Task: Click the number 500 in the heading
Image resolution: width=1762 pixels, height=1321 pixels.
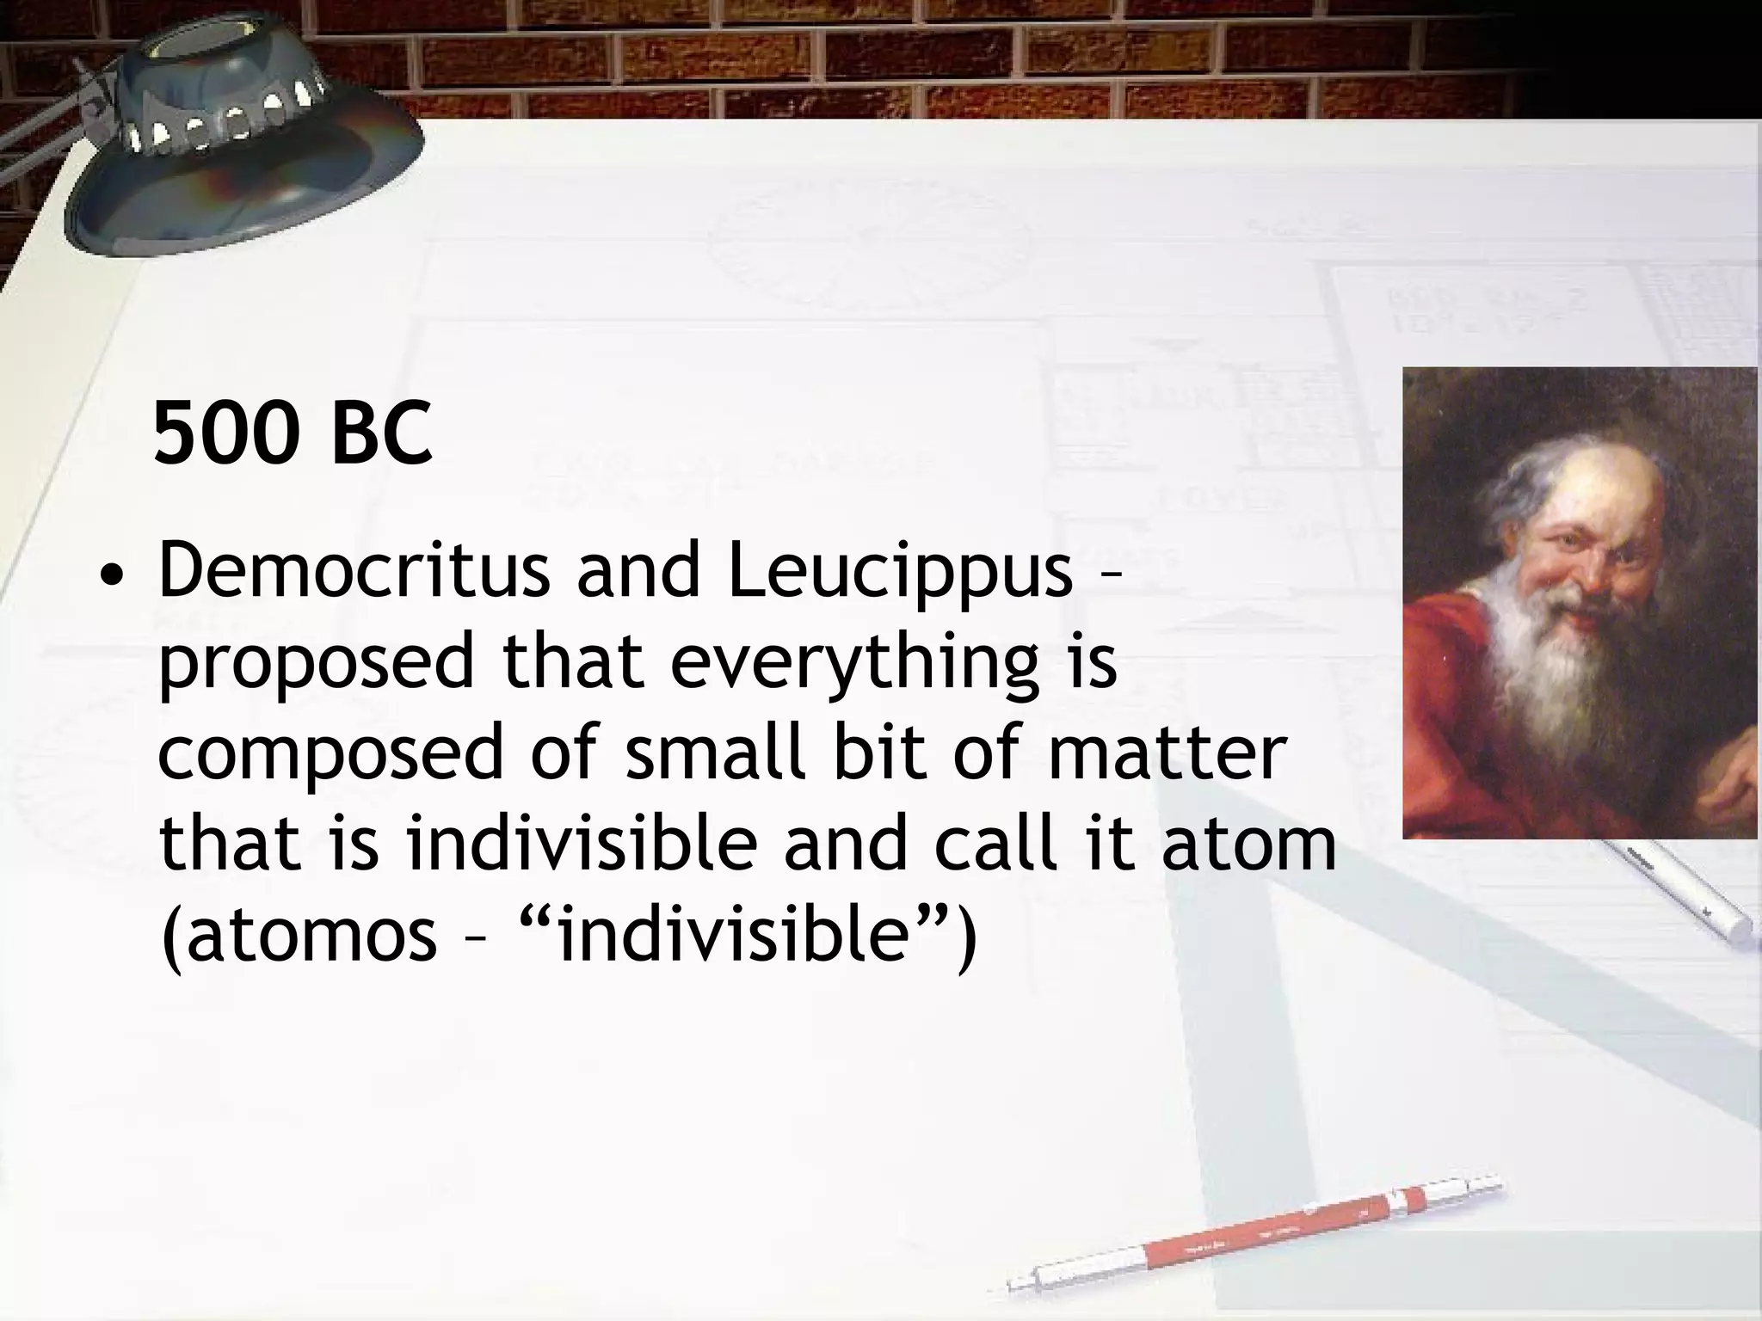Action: pyautogui.click(x=226, y=434)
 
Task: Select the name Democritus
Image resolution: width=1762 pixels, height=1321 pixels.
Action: pyautogui.click(x=354, y=573)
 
